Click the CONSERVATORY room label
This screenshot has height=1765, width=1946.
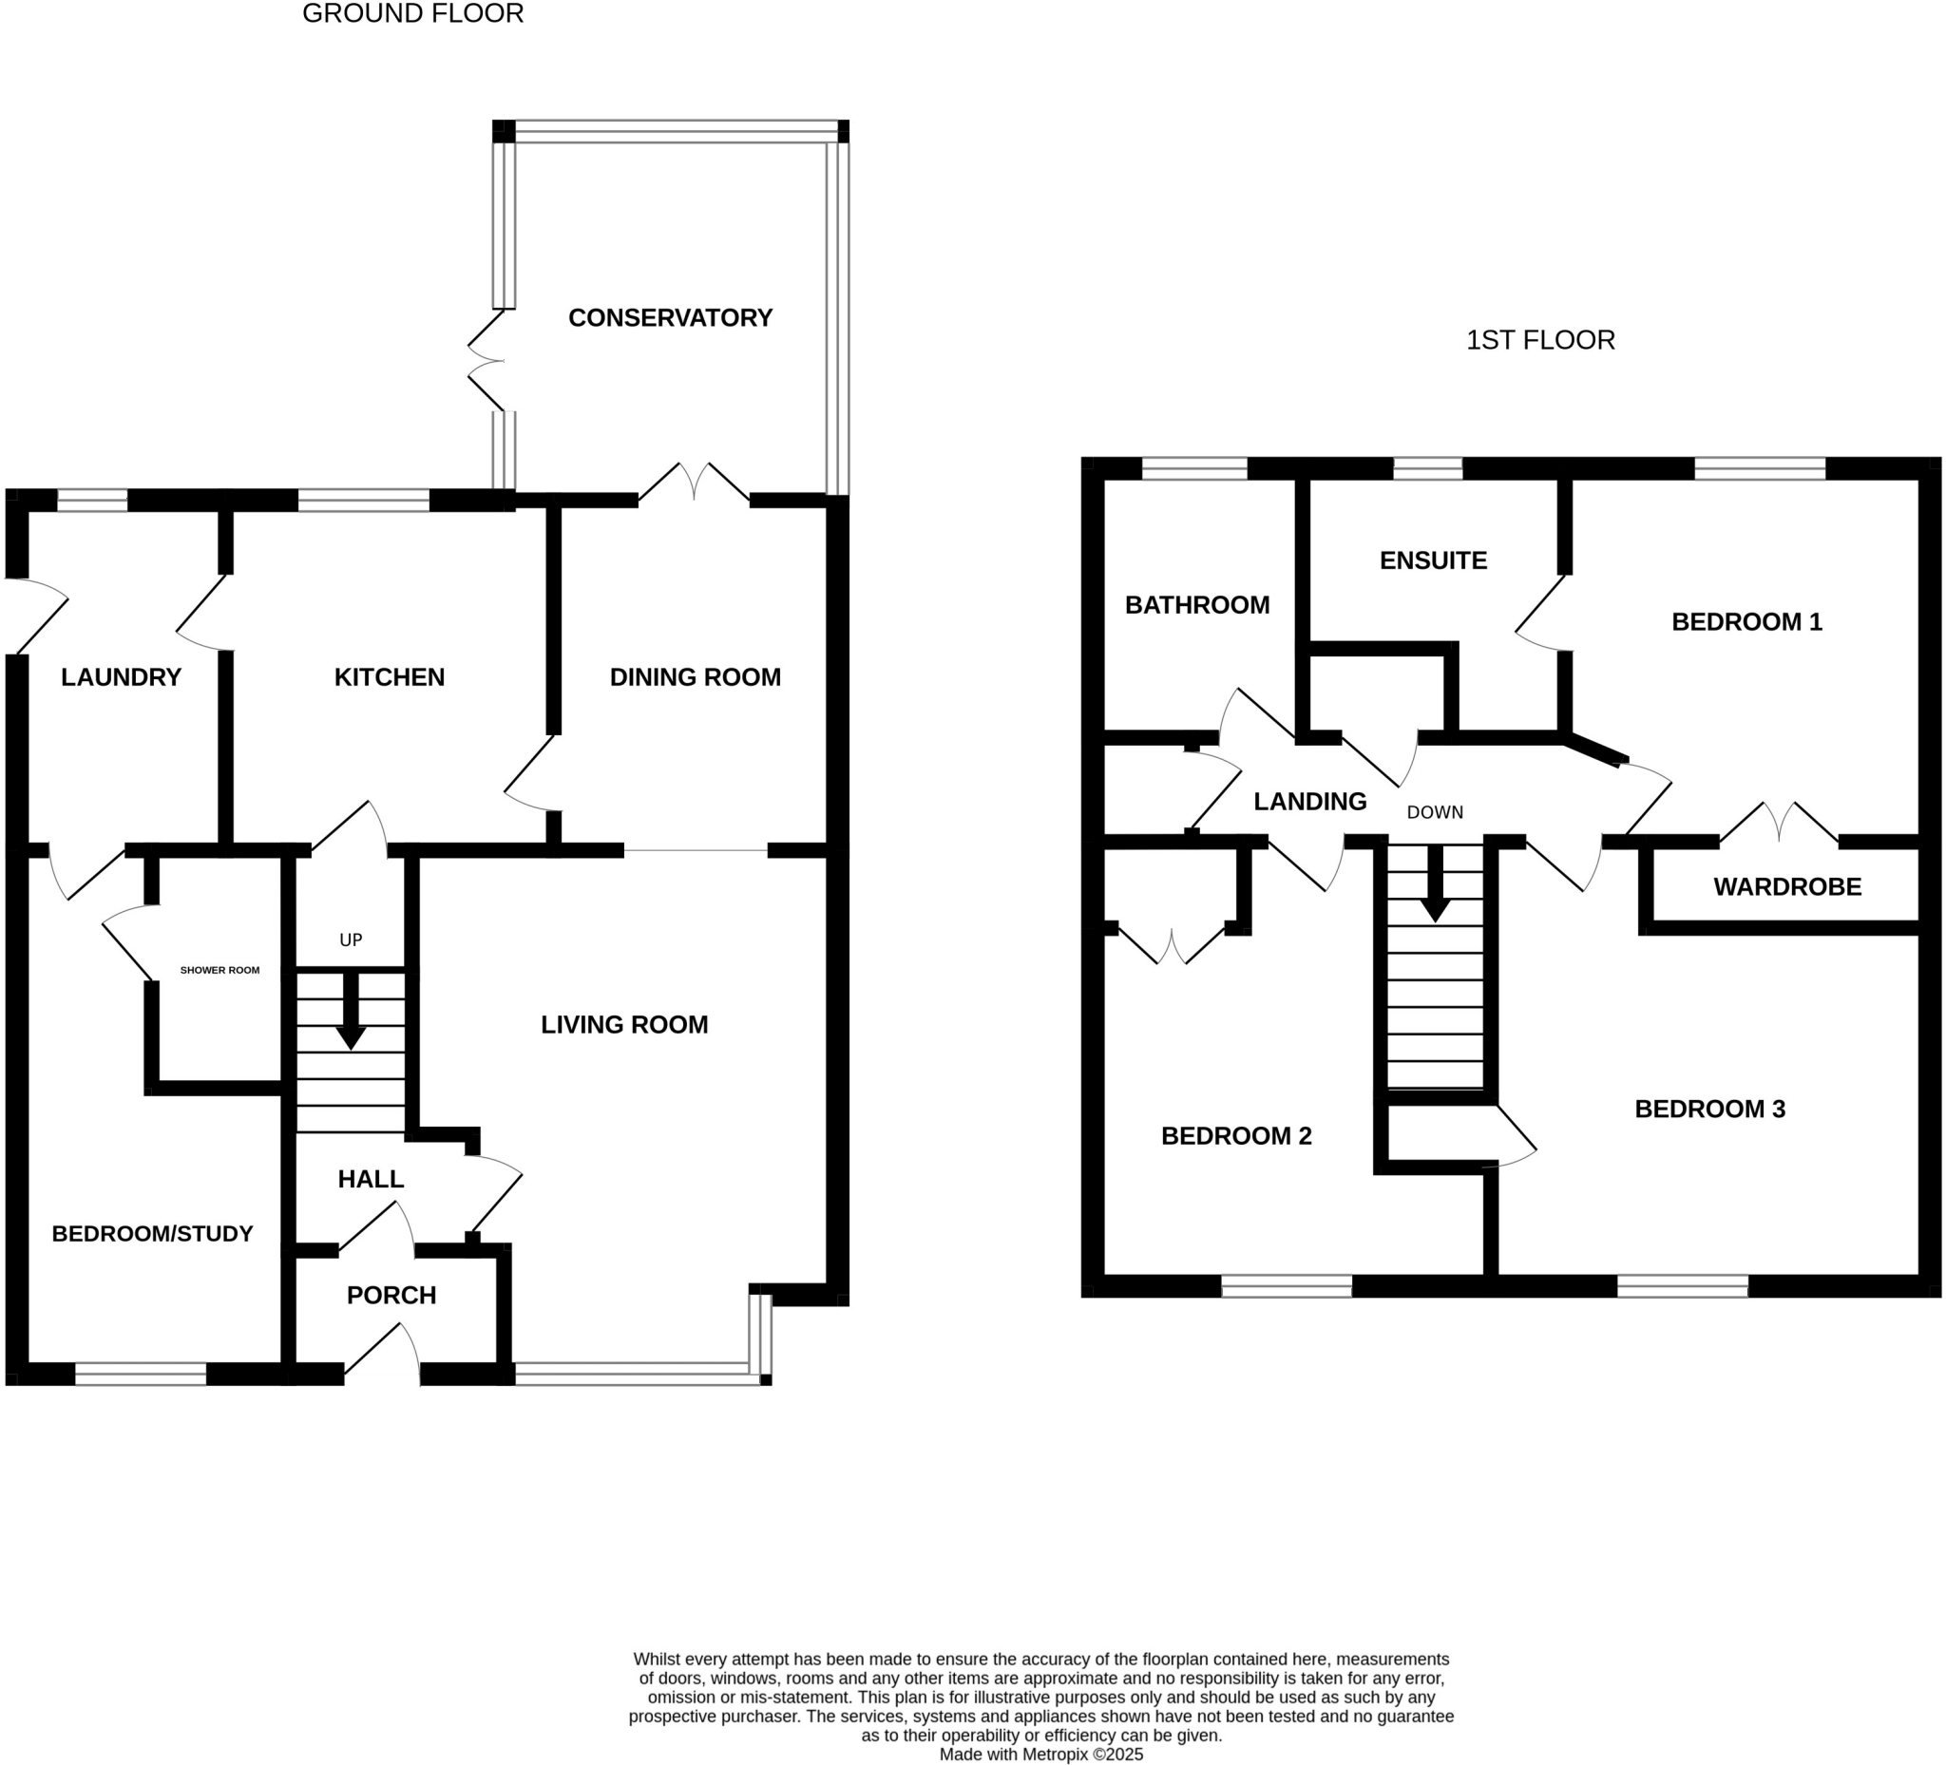point(670,317)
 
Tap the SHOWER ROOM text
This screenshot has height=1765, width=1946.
point(220,970)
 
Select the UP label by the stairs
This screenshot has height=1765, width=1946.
point(351,939)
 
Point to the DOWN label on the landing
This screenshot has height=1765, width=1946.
point(1435,812)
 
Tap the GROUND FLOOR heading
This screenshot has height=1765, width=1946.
point(413,13)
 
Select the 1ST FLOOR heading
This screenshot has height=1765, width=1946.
point(1539,340)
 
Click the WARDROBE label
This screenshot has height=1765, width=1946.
point(1786,887)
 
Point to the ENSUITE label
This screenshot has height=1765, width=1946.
point(1433,560)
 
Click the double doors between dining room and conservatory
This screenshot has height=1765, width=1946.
point(694,483)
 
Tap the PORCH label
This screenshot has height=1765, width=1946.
point(391,1295)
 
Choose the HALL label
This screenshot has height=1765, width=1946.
point(371,1179)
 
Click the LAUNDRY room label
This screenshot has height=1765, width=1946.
point(121,677)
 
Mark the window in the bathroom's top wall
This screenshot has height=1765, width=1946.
point(1194,469)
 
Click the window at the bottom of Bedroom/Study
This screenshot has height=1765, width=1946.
point(141,1375)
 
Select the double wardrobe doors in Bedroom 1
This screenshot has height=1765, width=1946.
point(1778,823)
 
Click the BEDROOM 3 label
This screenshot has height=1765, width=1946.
point(1709,1109)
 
